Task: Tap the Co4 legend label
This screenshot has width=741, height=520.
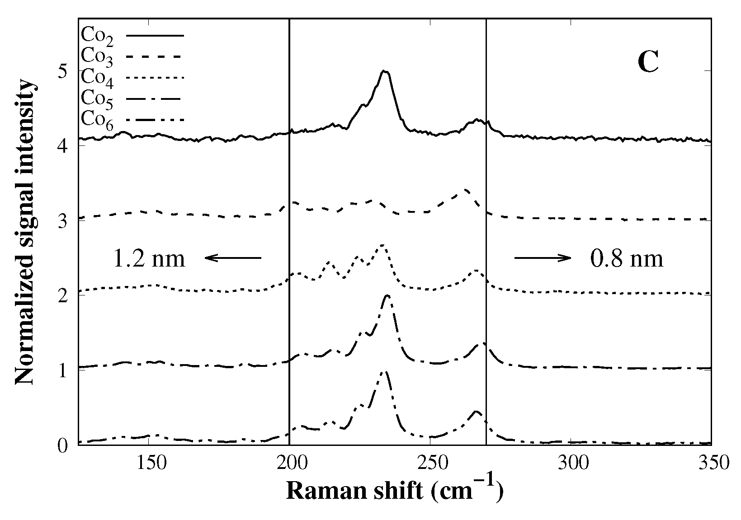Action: point(97,78)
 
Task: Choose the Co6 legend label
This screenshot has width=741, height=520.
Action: point(97,120)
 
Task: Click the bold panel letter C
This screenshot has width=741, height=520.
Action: point(648,62)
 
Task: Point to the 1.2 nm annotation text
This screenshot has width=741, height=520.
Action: point(149,259)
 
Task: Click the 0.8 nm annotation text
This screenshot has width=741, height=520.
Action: point(627,259)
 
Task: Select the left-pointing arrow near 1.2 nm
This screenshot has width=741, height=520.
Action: point(233,258)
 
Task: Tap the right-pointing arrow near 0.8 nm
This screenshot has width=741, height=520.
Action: point(543,258)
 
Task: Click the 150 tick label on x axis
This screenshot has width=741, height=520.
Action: point(149,464)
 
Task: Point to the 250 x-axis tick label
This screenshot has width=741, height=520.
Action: point(430,464)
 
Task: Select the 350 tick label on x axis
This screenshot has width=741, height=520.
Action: point(711,464)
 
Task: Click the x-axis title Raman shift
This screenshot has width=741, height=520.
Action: point(395,491)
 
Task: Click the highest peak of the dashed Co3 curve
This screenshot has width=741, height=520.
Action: point(466,190)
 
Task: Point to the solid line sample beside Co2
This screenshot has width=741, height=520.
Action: point(155,35)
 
